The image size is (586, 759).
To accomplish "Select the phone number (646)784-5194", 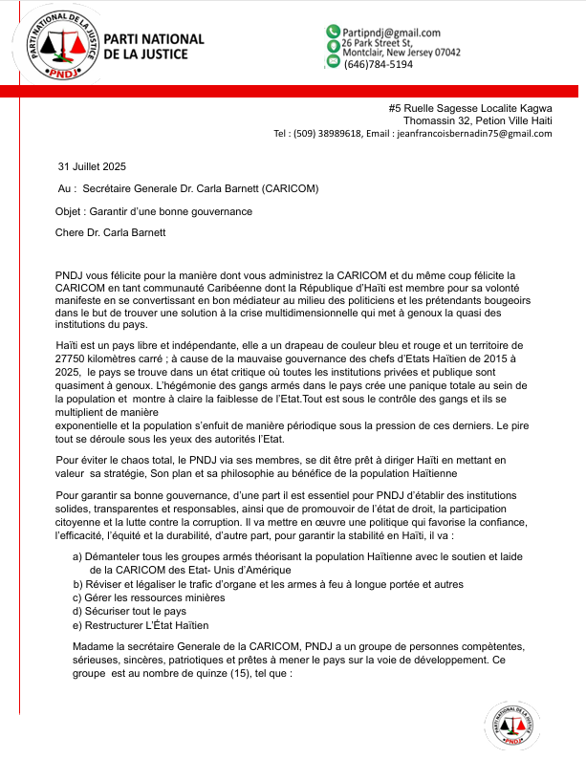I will (x=379, y=64).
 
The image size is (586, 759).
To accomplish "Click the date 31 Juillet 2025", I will (x=92, y=167).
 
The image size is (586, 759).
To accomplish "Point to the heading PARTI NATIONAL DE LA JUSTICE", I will (x=153, y=46).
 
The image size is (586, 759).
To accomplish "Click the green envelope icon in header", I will (x=334, y=61).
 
